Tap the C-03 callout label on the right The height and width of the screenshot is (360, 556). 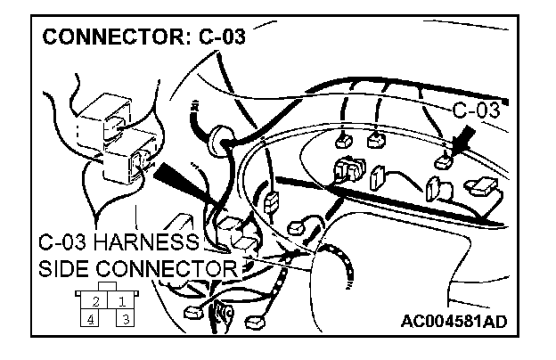click(476, 111)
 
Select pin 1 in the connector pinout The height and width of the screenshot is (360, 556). click(122, 301)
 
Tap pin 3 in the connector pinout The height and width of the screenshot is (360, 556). click(125, 317)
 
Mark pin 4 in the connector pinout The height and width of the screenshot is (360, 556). click(92, 317)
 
